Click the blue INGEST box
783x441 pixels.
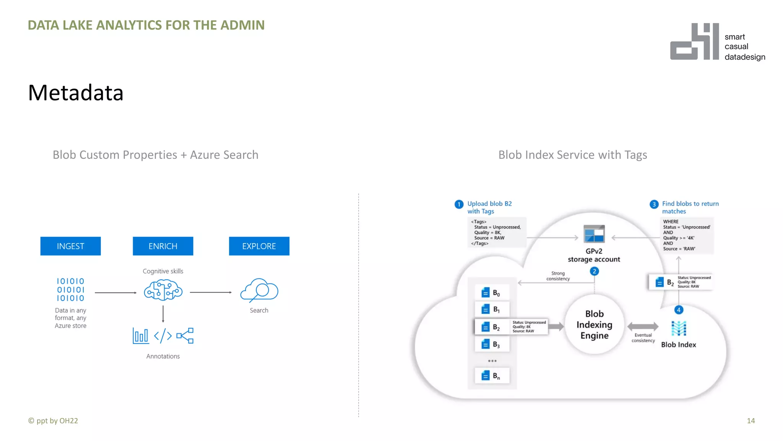tap(70, 246)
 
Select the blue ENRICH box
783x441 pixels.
tap(163, 246)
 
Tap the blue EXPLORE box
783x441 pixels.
tap(259, 246)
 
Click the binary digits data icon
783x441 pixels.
tap(70, 290)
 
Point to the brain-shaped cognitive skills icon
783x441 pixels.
tap(163, 290)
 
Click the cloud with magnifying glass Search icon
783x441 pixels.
tap(259, 290)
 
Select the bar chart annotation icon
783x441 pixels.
tap(140, 336)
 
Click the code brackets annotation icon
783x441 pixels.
tap(163, 336)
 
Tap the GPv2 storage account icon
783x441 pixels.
tap(594, 234)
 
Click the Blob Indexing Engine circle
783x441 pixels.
tap(594, 325)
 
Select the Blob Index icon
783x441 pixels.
tap(679, 328)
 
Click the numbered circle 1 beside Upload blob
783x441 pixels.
tap(459, 204)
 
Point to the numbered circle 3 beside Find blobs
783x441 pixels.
tap(654, 204)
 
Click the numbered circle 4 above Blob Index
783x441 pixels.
tap(679, 310)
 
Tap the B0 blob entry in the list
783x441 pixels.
tap(492, 293)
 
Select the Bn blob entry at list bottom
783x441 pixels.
tap(492, 376)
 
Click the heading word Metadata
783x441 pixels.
tap(76, 93)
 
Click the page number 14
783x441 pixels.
tap(751, 421)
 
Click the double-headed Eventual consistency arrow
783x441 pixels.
tap(643, 327)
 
